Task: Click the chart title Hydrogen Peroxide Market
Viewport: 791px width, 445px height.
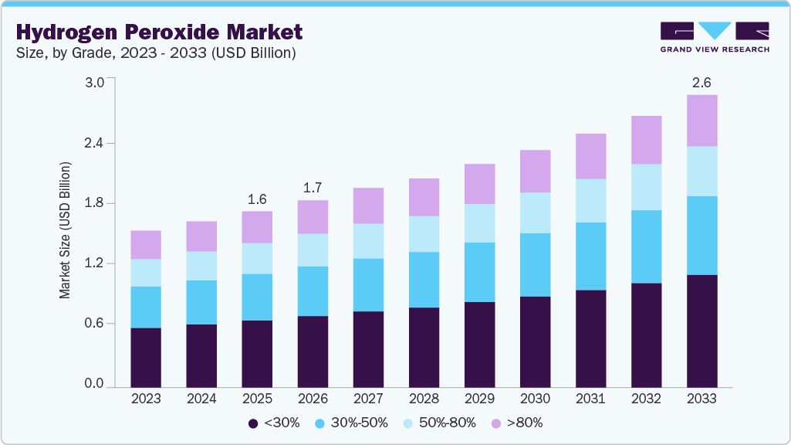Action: [159, 32]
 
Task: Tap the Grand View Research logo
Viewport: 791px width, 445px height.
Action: [715, 37]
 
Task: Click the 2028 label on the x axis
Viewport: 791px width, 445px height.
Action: [424, 399]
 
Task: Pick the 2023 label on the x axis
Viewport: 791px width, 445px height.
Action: [146, 399]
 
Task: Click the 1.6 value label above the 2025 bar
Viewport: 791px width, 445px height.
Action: [257, 199]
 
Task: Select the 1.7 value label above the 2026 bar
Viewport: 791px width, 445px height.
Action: [313, 188]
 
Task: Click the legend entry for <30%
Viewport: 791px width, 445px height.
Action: [275, 423]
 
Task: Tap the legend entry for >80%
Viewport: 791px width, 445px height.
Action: [517, 423]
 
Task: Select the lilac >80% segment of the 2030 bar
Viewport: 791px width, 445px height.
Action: [535, 171]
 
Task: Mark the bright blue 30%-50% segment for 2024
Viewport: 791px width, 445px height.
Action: [201, 302]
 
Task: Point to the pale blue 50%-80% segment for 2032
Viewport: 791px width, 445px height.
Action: [646, 187]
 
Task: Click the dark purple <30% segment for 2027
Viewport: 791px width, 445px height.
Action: [368, 349]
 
